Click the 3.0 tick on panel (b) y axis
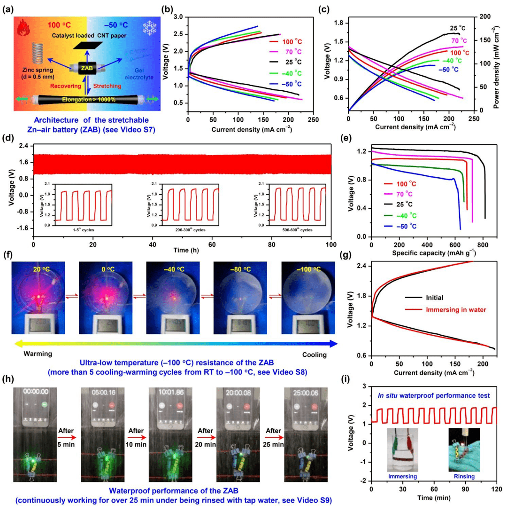pyautogui.click(x=179, y=17)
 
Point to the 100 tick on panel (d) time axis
pyautogui.click(x=331, y=245)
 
